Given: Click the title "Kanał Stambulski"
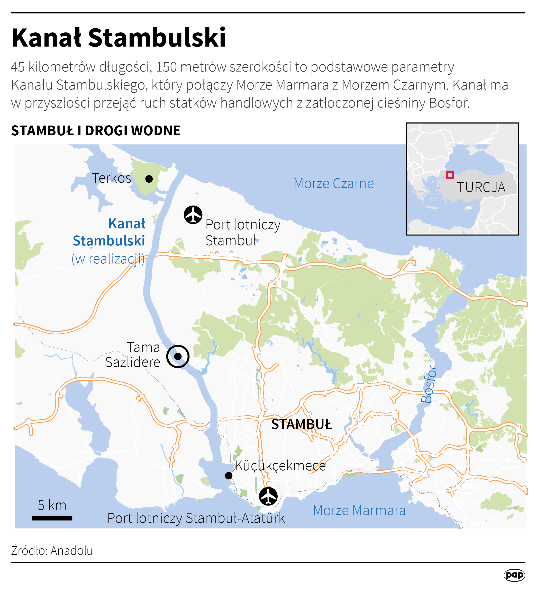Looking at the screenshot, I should (x=119, y=38).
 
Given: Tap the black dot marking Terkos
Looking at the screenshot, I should (x=149, y=179).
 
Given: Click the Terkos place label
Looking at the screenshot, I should (x=111, y=178).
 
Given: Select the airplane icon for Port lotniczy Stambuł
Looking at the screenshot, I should (x=193, y=215).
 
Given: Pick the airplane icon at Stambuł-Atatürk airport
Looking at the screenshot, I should (x=268, y=496).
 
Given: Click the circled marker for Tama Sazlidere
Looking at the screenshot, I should (x=178, y=356).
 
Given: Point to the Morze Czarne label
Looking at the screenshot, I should (x=334, y=183).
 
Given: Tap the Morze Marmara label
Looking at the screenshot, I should (x=359, y=510).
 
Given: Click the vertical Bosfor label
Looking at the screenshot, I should (x=429, y=384).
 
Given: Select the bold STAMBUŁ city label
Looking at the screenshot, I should (x=301, y=425).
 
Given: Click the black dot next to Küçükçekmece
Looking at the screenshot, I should (x=229, y=475).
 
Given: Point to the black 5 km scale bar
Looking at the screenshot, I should (x=52, y=518).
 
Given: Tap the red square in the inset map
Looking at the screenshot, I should (x=450, y=175).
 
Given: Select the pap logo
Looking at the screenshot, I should (x=514, y=575).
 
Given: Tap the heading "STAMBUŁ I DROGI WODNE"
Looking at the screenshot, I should (x=96, y=131).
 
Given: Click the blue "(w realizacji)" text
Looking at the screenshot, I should (x=108, y=259).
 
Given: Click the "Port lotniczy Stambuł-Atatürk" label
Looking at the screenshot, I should (x=196, y=518).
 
